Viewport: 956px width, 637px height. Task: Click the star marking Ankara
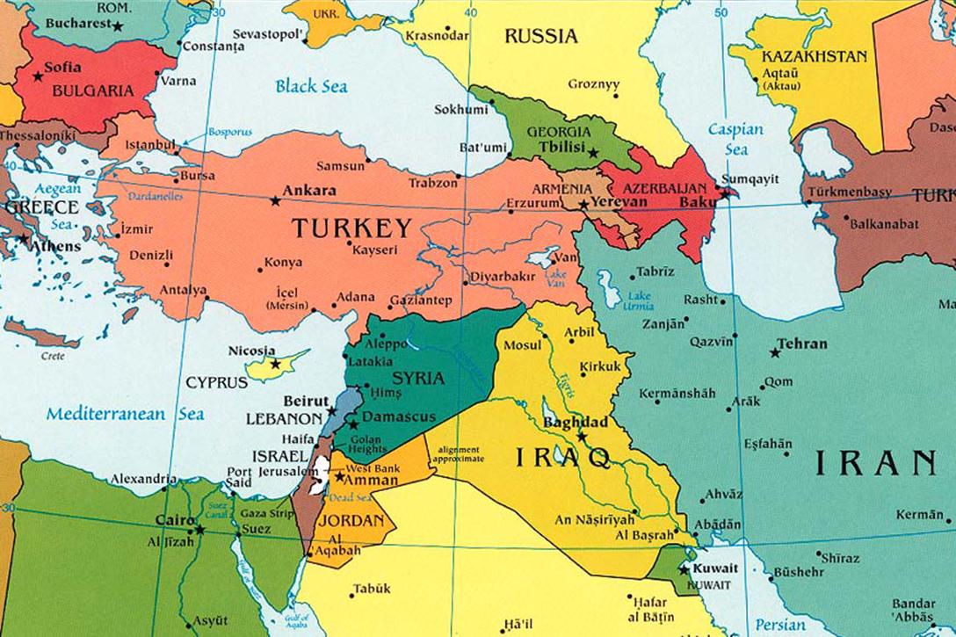point(275,201)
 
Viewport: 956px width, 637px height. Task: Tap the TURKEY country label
point(351,228)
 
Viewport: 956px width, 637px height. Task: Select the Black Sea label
point(311,86)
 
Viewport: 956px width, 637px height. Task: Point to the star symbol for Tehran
point(775,353)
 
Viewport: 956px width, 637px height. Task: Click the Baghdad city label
point(576,423)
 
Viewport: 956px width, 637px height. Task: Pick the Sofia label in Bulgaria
point(62,67)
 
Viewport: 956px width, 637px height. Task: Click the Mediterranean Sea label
point(125,413)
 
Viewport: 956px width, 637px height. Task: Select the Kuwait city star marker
point(683,568)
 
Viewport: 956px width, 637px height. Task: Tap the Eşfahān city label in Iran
point(767,444)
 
